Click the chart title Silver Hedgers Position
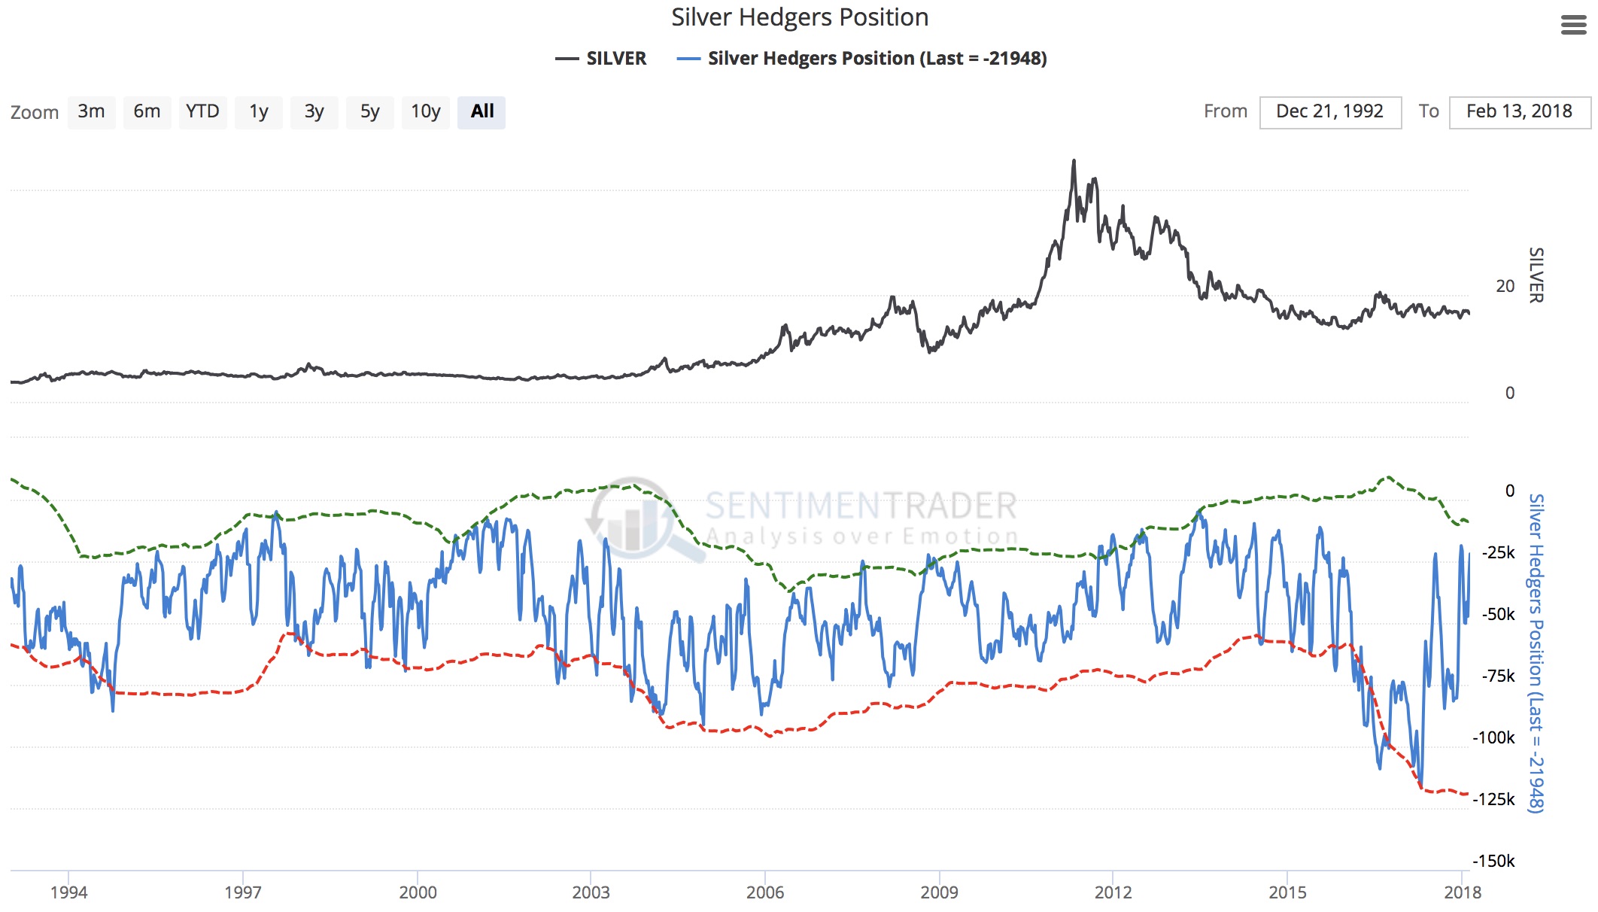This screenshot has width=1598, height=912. tap(799, 17)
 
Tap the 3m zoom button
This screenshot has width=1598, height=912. tap(91, 112)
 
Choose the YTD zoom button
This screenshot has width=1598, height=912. tap(202, 112)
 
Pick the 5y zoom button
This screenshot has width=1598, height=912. tap(369, 112)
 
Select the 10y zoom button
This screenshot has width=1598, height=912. tap(425, 112)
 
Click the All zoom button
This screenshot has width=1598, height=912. tap(482, 112)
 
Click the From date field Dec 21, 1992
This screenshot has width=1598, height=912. tap(1329, 112)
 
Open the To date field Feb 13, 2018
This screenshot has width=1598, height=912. tap(1519, 112)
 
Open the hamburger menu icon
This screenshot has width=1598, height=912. tap(1573, 25)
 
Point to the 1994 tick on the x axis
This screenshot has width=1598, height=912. tap(69, 892)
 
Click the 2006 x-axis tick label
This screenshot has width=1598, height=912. tap(765, 892)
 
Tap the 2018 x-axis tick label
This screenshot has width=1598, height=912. tap(1462, 892)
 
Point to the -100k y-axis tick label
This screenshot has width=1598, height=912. tap(1493, 737)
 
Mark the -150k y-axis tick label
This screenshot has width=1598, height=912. tap(1493, 861)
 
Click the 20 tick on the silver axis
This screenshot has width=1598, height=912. tap(1505, 286)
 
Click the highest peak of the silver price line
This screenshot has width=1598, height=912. tap(1074, 161)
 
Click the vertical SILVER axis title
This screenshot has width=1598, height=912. tap(1536, 275)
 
